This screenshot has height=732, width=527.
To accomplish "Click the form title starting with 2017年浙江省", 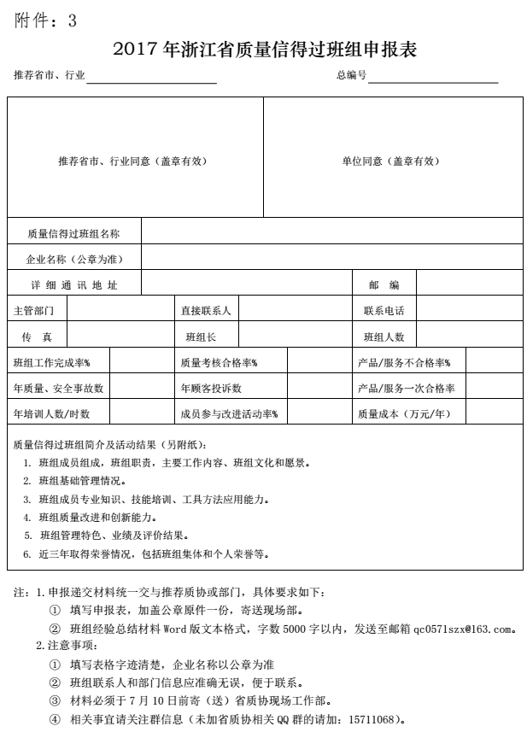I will (264, 50).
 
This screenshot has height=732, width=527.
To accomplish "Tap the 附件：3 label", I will (46, 21).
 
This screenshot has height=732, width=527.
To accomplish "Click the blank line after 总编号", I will (432, 76).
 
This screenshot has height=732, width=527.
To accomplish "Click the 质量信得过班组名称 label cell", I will (73, 232).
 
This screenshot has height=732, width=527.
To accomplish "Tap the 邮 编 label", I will (384, 284).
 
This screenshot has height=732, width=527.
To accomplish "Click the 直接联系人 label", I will (205, 311).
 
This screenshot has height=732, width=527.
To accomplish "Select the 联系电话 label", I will (384, 311).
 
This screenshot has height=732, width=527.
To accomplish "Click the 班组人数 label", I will (384, 337).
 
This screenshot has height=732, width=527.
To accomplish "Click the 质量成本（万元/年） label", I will (403, 414).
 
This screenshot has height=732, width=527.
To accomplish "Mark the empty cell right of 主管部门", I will (119, 311).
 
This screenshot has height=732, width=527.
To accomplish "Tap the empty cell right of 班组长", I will (290, 337).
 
